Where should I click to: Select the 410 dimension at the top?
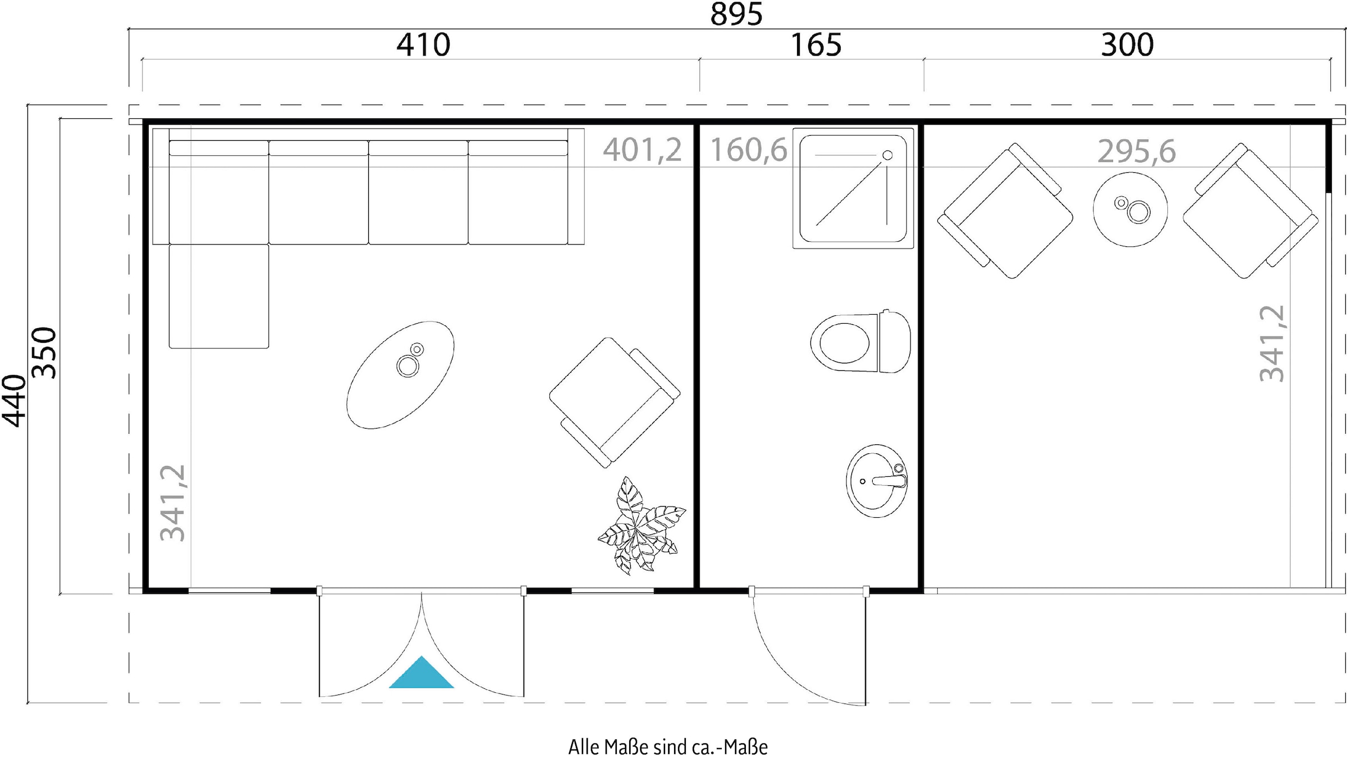click(423, 45)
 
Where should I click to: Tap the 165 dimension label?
click(815, 45)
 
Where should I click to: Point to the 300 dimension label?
click(1127, 45)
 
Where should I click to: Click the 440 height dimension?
click(14, 401)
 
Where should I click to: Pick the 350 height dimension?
click(44, 352)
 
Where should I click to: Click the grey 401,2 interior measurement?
click(642, 150)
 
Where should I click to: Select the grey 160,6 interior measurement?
click(749, 150)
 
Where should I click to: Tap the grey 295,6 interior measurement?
click(1137, 151)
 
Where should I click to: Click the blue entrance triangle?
click(421, 673)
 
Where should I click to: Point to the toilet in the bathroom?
click(860, 342)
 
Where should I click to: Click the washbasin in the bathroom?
click(877, 481)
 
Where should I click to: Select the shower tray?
click(853, 188)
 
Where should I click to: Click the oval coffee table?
click(400, 375)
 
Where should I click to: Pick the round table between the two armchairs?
click(1130, 209)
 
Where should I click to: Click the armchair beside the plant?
click(615, 402)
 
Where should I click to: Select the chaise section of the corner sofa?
click(219, 296)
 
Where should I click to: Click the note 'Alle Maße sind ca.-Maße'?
click(668, 747)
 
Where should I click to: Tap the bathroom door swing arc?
click(786, 673)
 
